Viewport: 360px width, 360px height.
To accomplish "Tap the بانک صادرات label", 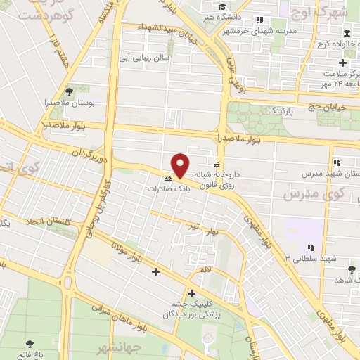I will click(x=165, y=189).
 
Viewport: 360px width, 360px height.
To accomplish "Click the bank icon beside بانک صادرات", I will click(x=168, y=177).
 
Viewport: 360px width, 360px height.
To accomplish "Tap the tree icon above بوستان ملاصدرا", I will click(x=69, y=91).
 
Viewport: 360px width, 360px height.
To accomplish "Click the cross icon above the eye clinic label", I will click(x=191, y=293).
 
